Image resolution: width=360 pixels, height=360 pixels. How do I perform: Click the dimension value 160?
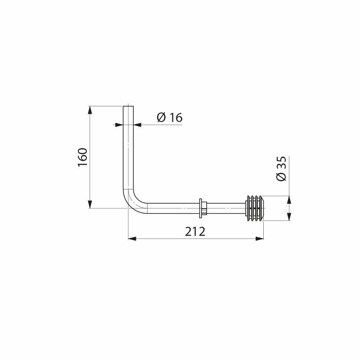pos(82,157)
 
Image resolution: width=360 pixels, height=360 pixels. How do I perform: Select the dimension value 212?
pos(195,232)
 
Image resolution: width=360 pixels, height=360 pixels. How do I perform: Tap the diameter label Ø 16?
pos(169,118)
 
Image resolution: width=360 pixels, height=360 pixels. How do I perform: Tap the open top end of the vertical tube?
pos(129,107)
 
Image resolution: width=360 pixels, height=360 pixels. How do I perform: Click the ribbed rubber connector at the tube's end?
pos(255,208)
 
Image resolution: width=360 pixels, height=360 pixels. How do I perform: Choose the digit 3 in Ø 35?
pos(282,167)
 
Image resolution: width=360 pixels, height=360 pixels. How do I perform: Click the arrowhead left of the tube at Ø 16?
pos(119,125)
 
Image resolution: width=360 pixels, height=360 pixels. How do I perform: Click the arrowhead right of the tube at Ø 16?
pos(138,125)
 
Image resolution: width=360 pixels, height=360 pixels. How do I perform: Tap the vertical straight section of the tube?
pos(129,153)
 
